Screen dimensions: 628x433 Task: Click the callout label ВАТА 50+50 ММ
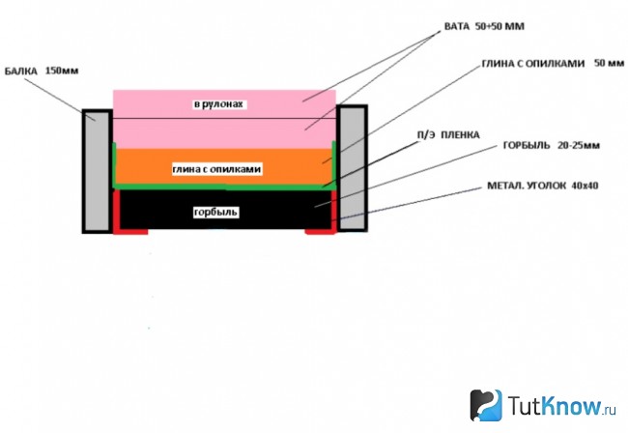click(484, 26)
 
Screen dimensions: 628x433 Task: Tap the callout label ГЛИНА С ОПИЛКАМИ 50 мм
click(553, 63)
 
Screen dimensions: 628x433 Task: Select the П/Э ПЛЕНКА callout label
click(448, 135)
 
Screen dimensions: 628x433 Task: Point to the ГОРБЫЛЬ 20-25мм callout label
click(552, 145)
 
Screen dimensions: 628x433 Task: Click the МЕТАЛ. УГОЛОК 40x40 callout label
click(543, 186)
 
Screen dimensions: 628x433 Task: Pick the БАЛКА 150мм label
click(42, 72)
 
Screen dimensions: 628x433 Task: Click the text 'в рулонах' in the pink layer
click(218, 104)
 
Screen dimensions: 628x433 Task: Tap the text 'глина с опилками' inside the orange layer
click(216, 169)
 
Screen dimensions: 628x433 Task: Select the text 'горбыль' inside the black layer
click(215, 212)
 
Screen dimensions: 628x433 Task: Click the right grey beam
click(352, 168)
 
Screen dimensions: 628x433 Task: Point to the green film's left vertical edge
click(114, 164)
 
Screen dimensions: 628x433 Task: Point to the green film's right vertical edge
click(333, 164)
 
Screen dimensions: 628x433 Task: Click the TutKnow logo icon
click(486, 405)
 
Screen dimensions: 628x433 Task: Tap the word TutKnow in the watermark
click(556, 405)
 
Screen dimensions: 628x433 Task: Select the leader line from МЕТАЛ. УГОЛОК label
click(407, 203)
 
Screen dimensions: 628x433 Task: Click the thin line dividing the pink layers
click(224, 119)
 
